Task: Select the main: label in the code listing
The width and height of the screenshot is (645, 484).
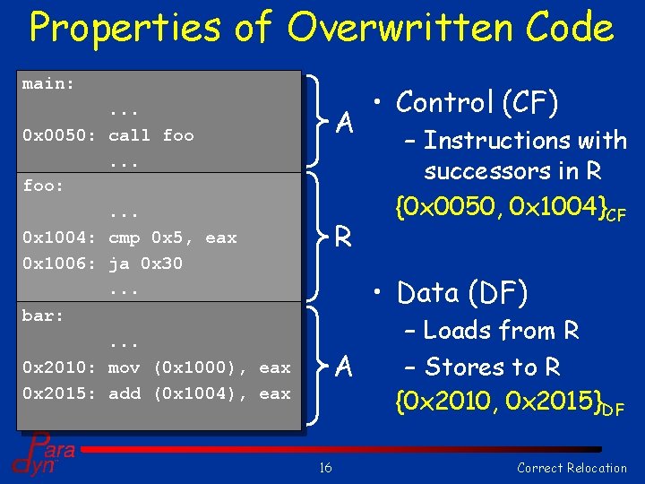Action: point(48,84)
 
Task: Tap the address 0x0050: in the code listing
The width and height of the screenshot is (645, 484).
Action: point(58,135)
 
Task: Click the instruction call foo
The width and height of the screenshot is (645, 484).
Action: point(150,135)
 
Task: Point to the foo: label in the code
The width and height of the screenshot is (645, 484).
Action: point(44,186)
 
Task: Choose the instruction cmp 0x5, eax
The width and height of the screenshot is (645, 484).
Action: point(172,238)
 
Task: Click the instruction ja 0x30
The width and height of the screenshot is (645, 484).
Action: point(145,264)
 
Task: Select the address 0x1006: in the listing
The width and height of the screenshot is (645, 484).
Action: point(58,264)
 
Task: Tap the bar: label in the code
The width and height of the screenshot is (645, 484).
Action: point(44,315)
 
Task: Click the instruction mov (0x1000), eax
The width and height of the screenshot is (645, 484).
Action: point(199,367)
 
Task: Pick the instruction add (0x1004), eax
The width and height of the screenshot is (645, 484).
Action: point(199,393)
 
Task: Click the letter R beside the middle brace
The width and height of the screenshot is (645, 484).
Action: point(342,238)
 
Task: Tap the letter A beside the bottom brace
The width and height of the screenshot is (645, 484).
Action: point(342,367)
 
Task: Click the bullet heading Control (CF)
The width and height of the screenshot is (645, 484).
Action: point(477,103)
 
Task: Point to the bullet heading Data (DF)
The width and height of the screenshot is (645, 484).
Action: point(462,293)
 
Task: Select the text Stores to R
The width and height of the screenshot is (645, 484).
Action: point(492,367)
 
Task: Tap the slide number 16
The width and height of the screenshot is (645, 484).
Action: point(325,467)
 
